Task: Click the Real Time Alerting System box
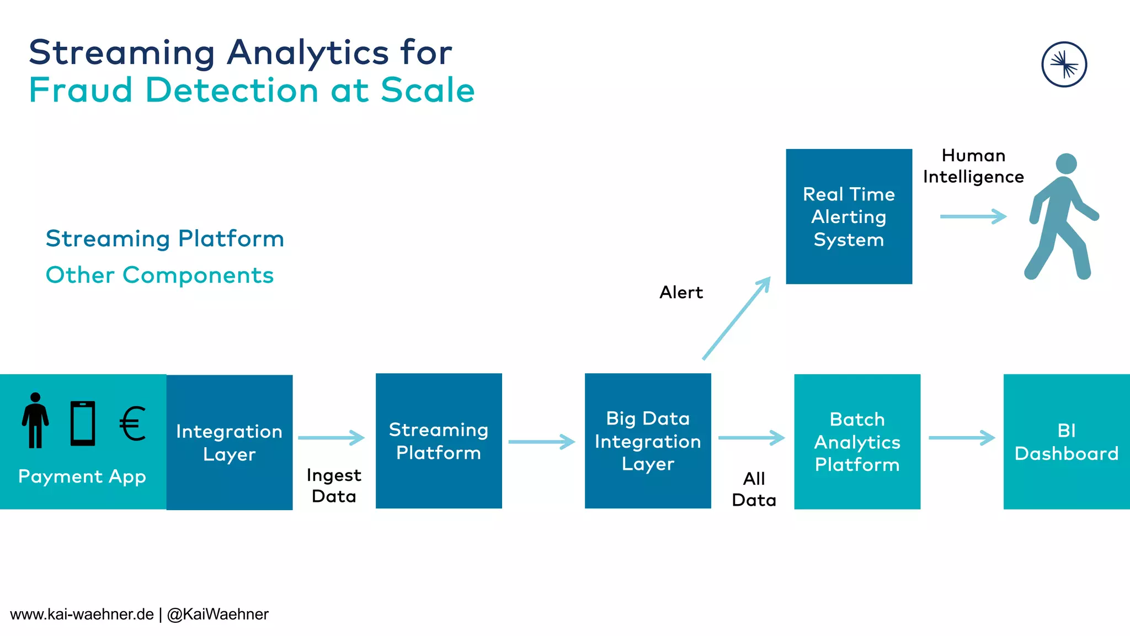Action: point(849,216)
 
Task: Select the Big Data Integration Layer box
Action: point(648,441)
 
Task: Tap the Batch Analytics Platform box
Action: point(857,442)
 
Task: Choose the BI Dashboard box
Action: point(1066,442)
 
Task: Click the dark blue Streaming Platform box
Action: point(439,441)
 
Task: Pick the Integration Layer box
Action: point(230,442)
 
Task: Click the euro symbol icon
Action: point(133,423)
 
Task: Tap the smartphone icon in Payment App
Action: point(83,423)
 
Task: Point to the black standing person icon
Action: point(35,421)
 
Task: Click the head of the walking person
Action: point(1066,164)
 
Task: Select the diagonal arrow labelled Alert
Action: point(736,319)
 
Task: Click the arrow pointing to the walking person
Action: point(973,216)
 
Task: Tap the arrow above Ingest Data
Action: point(331,438)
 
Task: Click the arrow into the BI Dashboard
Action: point(961,438)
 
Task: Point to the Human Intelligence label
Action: point(973,166)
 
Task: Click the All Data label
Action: point(754,489)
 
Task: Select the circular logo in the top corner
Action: point(1064,65)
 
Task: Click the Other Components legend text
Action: point(159,275)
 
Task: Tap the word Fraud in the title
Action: point(81,90)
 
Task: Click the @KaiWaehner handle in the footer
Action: point(217,614)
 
